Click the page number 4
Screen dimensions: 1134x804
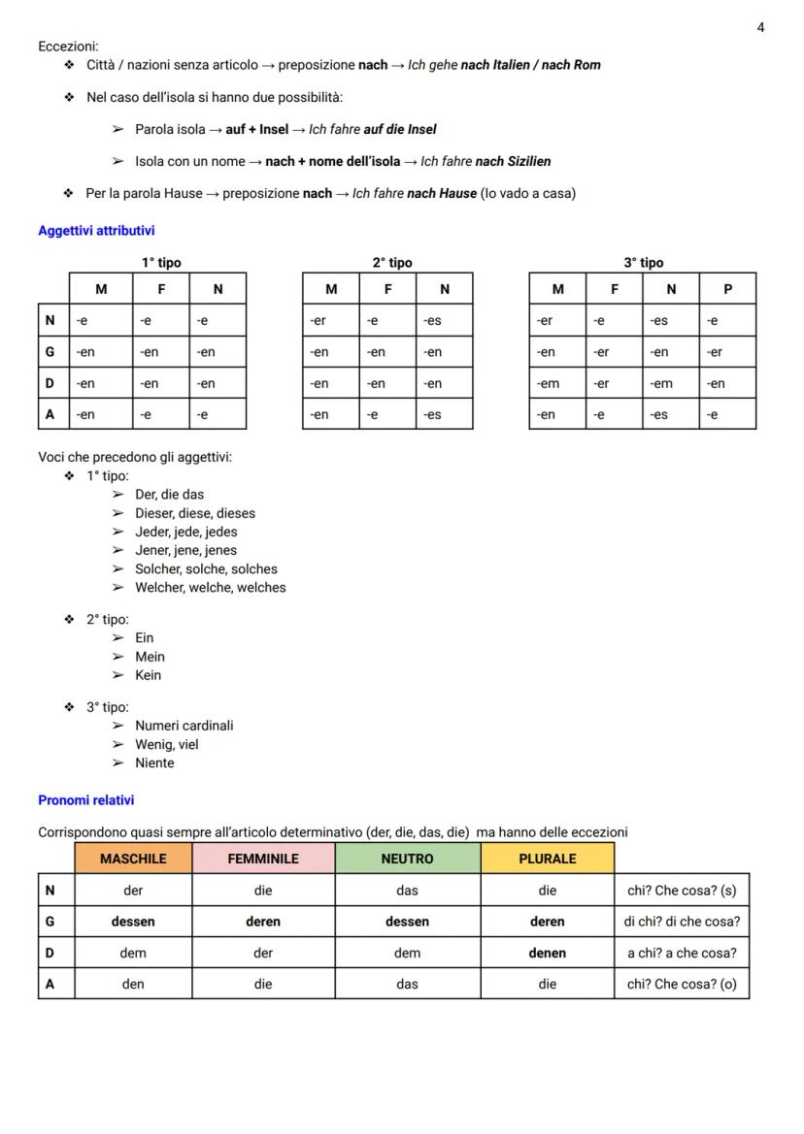(x=760, y=27)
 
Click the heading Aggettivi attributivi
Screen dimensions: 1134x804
(x=96, y=231)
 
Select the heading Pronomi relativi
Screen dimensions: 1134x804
(x=86, y=800)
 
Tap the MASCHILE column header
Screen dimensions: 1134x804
(x=133, y=859)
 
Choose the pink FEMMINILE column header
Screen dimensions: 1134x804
(x=263, y=859)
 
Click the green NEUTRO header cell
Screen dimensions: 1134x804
(x=407, y=859)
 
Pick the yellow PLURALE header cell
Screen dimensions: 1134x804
(x=547, y=859)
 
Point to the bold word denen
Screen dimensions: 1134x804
(x=547, y=953)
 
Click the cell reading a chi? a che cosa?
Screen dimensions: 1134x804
(x=682, y=953)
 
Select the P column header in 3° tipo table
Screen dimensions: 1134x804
(x=727, y=289)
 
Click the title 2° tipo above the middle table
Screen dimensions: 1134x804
(x=392, y=263)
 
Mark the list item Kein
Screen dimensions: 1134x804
(x=149, y=675)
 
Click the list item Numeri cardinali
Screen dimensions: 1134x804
(x=184, y=726)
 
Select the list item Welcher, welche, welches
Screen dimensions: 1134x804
(x=211, y=587)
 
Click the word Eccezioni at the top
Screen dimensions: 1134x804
(x=68, y=47)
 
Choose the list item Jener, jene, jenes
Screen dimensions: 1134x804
(x=185, y=550)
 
